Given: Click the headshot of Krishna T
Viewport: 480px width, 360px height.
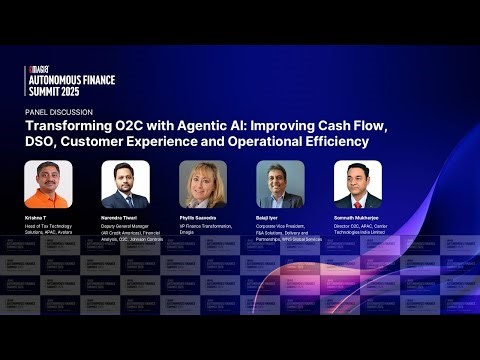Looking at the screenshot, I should (x=49, y=183).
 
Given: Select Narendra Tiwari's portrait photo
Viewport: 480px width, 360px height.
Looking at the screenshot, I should (x=125, y=183).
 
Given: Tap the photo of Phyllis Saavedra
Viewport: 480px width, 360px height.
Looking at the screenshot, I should (x=202, y=183).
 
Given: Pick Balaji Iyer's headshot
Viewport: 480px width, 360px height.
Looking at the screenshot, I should (x=279, y=183).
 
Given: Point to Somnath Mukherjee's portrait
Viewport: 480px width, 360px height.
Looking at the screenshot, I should (x=357, y=183).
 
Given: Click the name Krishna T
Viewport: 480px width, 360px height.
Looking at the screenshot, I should (x=36, y=217).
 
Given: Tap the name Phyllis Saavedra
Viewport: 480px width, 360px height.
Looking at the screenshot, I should (x=199, y=217).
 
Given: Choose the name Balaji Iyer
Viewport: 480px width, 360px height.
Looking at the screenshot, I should (x=268, y=217).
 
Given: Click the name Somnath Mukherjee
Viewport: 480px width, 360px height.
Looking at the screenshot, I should (x=359, y=217).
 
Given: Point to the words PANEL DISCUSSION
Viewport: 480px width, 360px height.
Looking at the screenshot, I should (x=59, y=113).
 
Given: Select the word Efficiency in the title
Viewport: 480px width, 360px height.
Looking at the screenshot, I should (x=338, y=142).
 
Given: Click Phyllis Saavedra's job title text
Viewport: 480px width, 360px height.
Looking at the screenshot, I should (x=205, y=228).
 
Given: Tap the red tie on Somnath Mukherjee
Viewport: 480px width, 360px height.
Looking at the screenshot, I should (x=357, y=199).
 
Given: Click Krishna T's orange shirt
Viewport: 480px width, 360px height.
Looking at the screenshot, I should (x=49, y=199).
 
